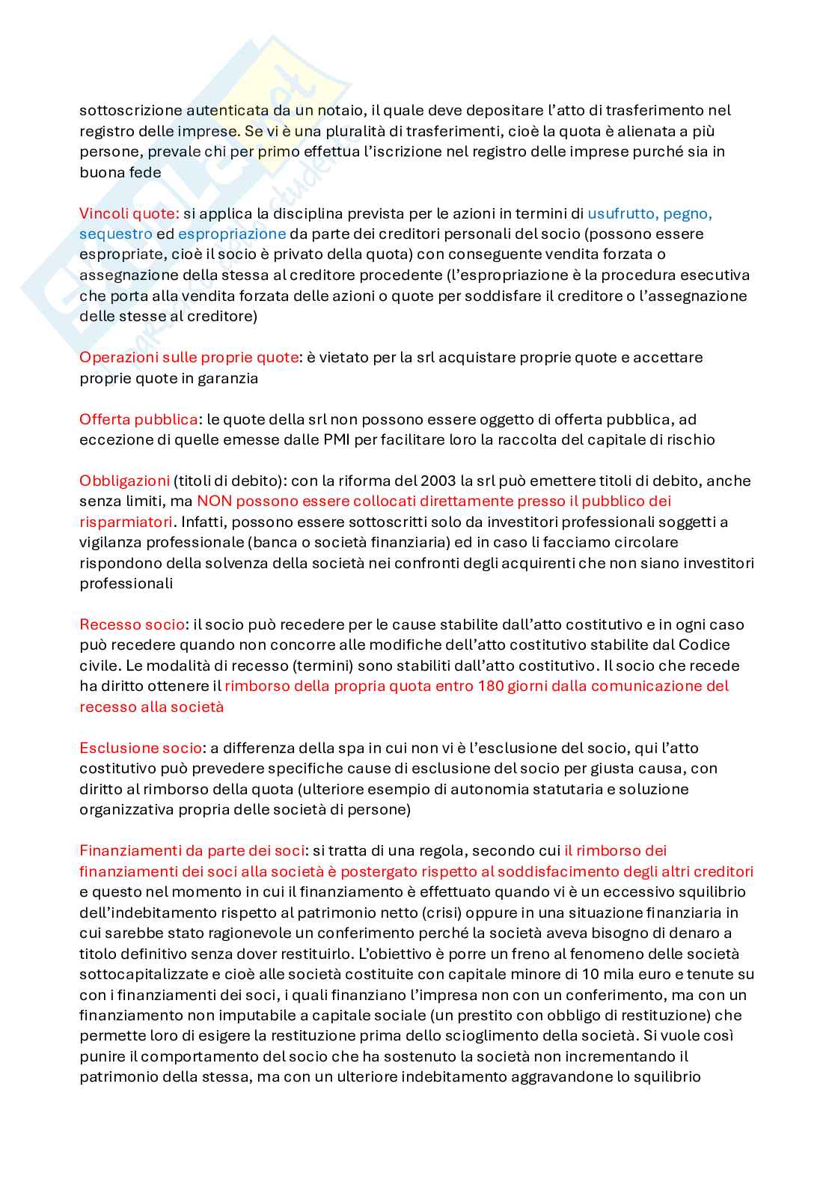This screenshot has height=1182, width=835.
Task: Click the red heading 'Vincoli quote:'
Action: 129,213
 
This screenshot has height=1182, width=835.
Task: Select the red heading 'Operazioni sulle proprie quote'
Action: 189,357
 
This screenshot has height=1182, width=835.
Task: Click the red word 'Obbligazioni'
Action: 124,481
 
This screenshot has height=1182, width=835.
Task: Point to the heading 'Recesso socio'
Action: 132,624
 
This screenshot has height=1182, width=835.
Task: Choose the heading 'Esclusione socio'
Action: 141,748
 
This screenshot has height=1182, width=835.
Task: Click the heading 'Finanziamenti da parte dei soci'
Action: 192,850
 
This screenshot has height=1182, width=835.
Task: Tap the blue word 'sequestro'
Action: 115,234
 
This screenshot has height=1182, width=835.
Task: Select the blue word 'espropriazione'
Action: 232,234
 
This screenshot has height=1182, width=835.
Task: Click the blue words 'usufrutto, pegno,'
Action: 649,213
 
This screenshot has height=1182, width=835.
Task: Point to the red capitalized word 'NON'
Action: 212,501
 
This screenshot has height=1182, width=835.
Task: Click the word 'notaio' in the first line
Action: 342,110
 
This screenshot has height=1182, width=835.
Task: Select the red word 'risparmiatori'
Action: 125,521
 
